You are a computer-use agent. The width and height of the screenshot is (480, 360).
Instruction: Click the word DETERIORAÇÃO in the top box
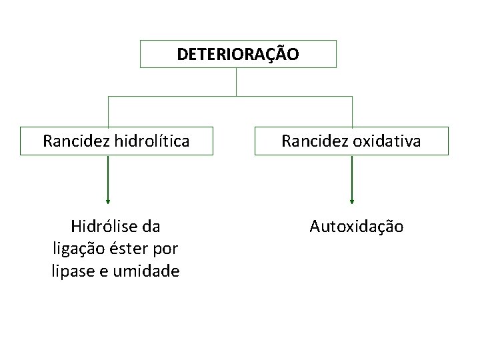click(x=238, y=54)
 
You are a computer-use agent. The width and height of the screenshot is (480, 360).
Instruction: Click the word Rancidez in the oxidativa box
click(x=311, y=141)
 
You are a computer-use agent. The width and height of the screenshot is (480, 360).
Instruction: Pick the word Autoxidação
click(x=356, y=227)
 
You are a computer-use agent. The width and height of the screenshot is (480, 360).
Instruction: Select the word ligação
click(x=77, y=249)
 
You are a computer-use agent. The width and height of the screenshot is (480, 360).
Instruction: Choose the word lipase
click(x=73, y=271)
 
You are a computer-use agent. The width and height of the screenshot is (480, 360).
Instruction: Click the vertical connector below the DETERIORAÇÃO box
click(x=237, y=81)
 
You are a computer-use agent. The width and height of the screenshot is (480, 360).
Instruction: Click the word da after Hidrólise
click(x=151, y=227)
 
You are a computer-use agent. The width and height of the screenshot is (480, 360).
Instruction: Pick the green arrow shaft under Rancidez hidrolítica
click(x=108, y=177)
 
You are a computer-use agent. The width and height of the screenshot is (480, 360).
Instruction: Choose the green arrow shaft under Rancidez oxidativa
click(x=352, y=177)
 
